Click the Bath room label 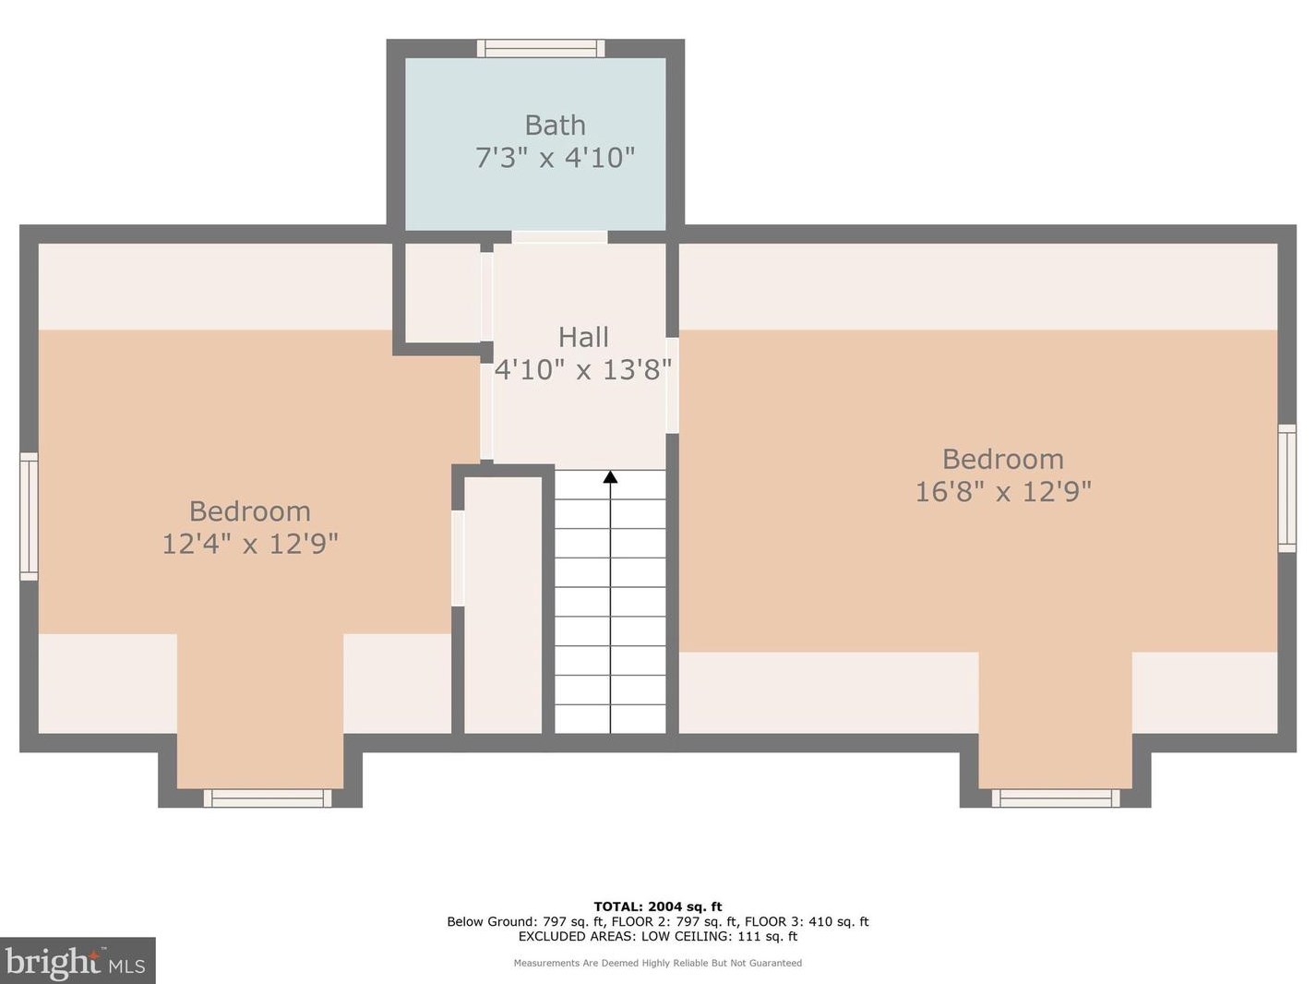pos(555,125)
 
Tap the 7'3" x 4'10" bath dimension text pos(555,158)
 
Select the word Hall pos(583,337)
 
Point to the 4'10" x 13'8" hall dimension pos(582,370)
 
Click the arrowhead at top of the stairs pos(610,477)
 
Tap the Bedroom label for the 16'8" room pos(1002,459)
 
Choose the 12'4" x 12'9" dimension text pos(250,544)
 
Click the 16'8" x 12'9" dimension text pos(1002,492)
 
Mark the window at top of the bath pos(541,48)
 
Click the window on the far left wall pos(29,516)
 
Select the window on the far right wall pos(1286,488)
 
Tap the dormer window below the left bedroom pos(268,798)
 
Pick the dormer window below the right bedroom pos(1056,798)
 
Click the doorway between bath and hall pos(559,237)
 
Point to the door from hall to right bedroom pos(672,385)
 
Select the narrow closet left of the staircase pos(503,605)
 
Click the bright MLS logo pos(78,961)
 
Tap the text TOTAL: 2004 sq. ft pos(657,906)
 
